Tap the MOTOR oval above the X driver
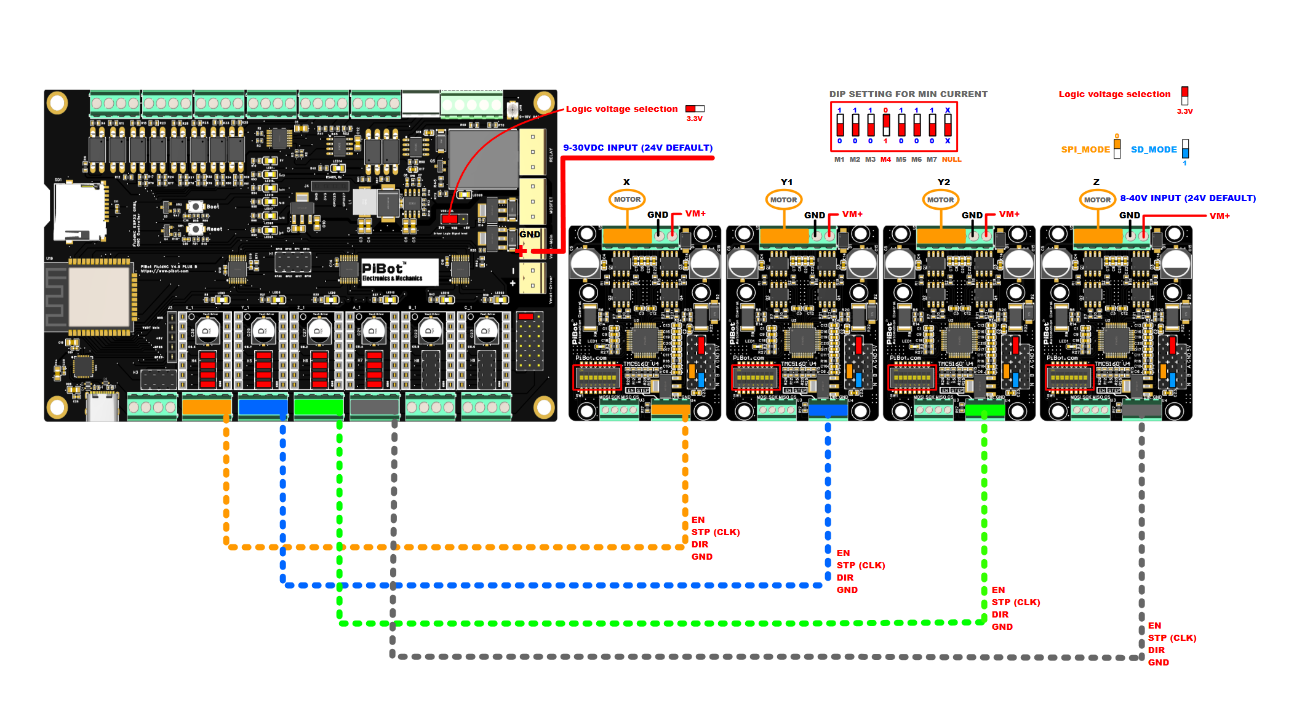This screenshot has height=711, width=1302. click(627, 199)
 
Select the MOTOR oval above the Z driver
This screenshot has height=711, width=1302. click(1097, 200)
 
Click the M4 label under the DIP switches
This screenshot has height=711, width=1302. click(885, 160)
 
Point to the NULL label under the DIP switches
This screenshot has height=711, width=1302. click(951, 160)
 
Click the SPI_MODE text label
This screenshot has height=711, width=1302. click(1085, 149)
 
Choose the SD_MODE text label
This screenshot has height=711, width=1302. click(1154, 149)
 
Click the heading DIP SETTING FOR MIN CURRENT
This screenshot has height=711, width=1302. click(908, 94)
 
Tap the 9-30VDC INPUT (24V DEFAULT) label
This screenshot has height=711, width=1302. click(638, 148)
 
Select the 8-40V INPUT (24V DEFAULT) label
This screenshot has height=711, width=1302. click(1188, 198)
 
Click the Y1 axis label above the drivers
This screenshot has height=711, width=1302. click(786, 182)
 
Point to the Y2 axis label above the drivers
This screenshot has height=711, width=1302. click(943, 182)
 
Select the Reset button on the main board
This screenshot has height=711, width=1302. click(196, 229)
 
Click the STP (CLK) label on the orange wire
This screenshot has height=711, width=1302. click(716, 532)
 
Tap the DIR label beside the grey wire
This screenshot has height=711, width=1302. click(1156, 650)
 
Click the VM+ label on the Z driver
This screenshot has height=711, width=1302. click(1220, 216)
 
